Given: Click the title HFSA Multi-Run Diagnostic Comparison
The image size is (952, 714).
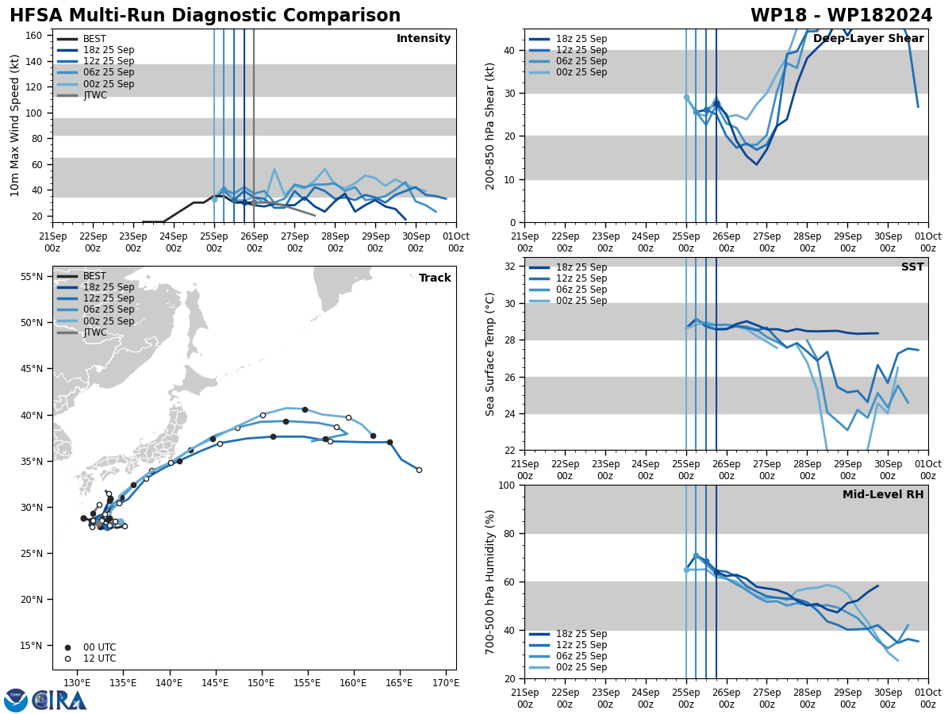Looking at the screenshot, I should [205, 16].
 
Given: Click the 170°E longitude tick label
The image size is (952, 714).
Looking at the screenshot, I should [446, 683].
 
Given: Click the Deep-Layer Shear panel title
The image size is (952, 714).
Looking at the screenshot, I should [868, 39].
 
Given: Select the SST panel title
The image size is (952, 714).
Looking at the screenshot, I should [912, 267].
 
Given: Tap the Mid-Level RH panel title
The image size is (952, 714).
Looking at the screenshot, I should [883, 495].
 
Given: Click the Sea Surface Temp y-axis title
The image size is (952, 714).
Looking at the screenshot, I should [490, 354].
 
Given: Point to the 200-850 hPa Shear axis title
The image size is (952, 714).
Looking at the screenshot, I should [490, 125].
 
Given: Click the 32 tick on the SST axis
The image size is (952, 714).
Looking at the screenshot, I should [510, 267].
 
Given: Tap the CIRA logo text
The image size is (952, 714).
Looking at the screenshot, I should [60, 701].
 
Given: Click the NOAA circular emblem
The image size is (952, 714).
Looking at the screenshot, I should [16, 701].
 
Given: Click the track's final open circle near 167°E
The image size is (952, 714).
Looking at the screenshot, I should [419, 470].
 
